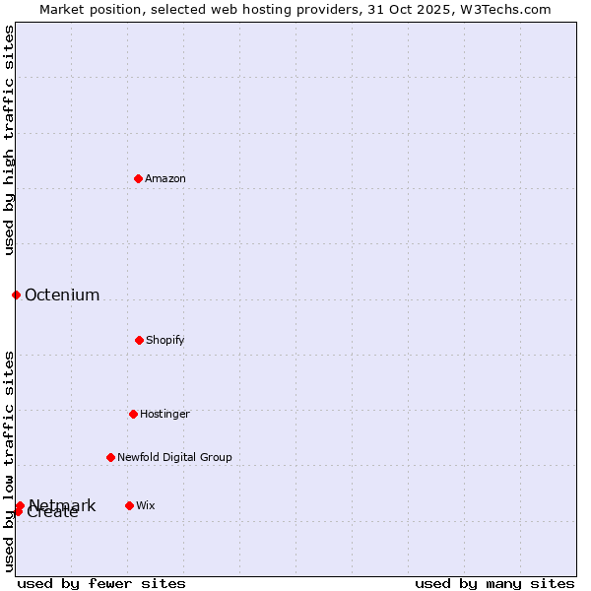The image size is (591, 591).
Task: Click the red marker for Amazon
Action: coord(138,178)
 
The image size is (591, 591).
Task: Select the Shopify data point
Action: coord(139,340)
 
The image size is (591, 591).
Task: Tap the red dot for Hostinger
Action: coord(133,414)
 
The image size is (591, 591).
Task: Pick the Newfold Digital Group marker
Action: coord(110,457)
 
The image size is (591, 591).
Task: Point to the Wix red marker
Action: coord(129,505)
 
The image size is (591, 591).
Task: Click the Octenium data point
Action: coord(16,295)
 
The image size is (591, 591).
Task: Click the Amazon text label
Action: coord(165,178)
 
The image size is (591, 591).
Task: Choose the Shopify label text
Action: coord(165,340)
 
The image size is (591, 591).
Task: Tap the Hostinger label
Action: coord(164,414)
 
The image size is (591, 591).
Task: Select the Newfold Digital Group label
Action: coord(174,457)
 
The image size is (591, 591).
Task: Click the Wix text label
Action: coord(146,505)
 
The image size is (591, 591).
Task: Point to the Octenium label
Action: coord(62,295)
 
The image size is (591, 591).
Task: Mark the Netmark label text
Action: coord(63,505)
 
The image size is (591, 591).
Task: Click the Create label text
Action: coord(53,513)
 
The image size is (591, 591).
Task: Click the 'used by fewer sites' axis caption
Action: coord(101,583)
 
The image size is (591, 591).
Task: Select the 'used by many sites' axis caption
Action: coord(494,583)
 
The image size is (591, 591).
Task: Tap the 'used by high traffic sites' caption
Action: coord(9,140)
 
